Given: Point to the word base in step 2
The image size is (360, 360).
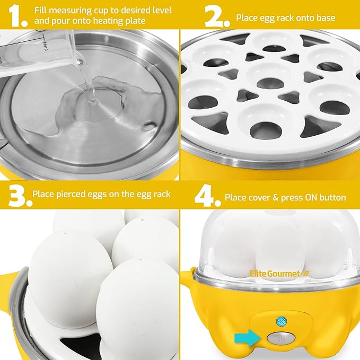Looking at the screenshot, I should click(x=324, y=18).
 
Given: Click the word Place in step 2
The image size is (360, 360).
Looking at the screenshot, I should click(x=248, y=18).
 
